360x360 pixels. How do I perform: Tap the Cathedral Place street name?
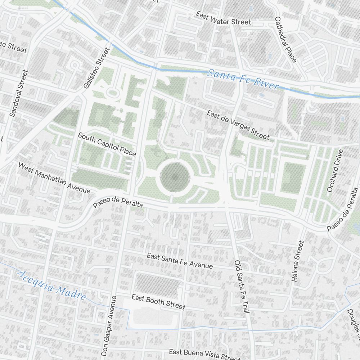(285, 40)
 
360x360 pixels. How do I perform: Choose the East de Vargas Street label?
(238, 125)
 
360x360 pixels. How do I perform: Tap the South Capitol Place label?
(107, 144)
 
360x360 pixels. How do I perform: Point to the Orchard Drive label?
(333, 171)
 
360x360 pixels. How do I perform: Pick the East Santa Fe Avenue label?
(180, 261)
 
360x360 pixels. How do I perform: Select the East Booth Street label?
(158, 302)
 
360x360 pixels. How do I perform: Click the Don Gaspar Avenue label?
(109, 326)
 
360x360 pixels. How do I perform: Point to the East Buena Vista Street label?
(204, 354)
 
